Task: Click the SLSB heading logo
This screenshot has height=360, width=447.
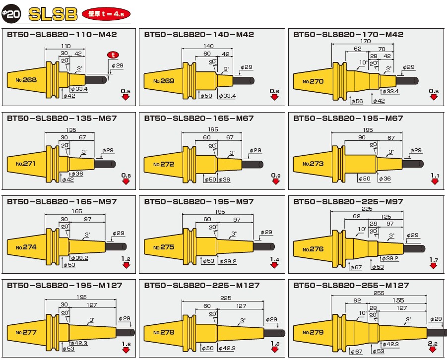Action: click(x=54, y=14)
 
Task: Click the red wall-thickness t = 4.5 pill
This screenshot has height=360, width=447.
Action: click(x=106, y=14)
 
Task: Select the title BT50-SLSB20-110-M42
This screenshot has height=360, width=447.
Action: click(x=63, y=35)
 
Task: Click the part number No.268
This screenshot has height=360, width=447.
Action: click(x=26, y=79)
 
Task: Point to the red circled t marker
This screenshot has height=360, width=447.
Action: click(x=114, y=55)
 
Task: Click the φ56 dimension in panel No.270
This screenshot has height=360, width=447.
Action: click(x=356, y=101)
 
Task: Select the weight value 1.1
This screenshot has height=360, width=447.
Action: click(x=435, y=176)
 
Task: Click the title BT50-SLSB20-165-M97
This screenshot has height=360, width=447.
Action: click(x=63, y=202)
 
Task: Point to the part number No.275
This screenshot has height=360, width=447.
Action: click(x=164, y=247)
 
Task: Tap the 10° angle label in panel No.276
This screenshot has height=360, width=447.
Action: click(x=363, y=229)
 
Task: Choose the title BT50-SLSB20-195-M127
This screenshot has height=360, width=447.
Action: click(x=64, y=285)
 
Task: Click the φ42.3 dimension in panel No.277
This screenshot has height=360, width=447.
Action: click(x=79, y=343)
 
